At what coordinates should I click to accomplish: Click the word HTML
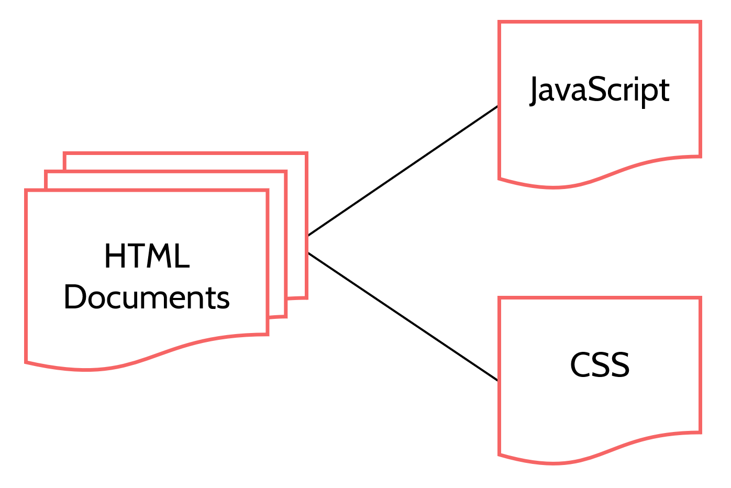pos(147,257)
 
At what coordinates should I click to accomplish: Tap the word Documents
pos(147,297)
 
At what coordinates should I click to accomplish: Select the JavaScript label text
pos(600,90)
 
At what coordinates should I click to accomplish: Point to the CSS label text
pos(600,365)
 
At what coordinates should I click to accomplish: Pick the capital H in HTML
pos(113,257)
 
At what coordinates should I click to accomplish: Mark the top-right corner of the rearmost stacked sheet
pos(306,154)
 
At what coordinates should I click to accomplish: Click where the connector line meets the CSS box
pos(498,381)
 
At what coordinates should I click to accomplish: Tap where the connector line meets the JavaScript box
pos(498,106)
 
